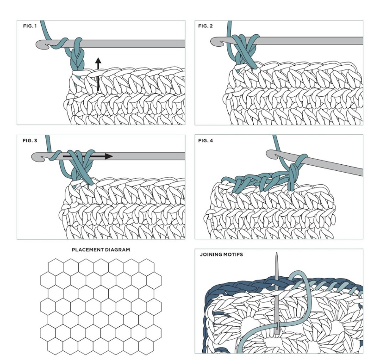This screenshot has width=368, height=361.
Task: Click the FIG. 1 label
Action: (30, 26)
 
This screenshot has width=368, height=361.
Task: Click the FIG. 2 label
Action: (206, 26)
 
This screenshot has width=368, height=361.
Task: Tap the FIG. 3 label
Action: (30, 140)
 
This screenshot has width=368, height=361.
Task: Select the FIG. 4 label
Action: (206, 140)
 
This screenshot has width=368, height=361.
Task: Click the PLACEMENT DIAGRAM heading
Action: (101, 249)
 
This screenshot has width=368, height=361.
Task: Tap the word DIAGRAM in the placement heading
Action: (116, 249)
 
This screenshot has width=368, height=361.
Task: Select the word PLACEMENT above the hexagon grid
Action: (86, 249)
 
